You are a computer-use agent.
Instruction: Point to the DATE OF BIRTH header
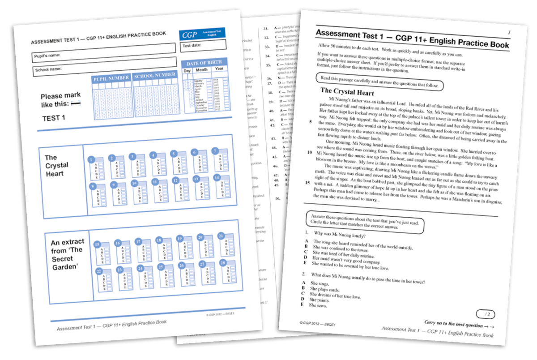[x=203, y=63]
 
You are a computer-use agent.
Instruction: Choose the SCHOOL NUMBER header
[x=155, y=75]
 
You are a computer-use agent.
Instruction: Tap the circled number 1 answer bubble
[x=91, y=159]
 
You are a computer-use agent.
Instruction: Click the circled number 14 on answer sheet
[x=217, y=178]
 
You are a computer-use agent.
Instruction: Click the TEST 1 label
[x=53, y=118]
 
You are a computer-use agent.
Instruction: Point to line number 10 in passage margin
[x=307, y=153]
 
